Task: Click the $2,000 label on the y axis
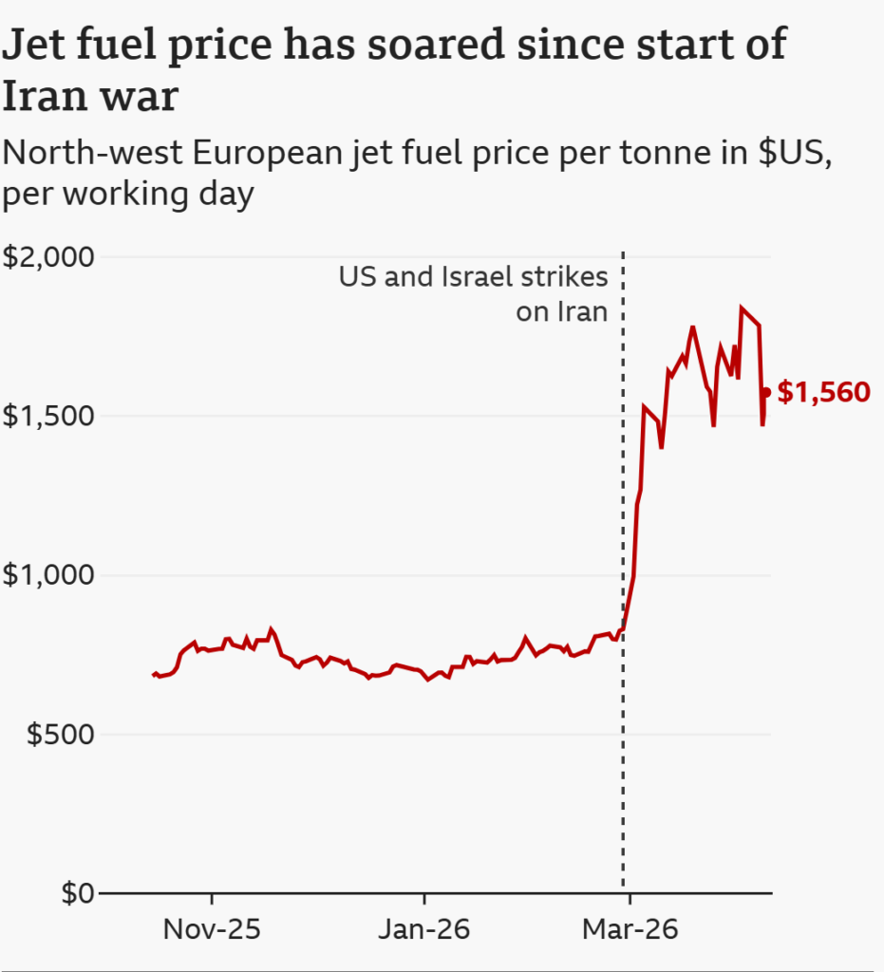pos(48,258)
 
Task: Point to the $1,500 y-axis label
pos(48,418)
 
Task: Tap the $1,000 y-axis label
pos(48,576)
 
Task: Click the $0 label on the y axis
pos(78,894)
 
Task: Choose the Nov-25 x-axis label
pos(212,929)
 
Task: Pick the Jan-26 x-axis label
pos(423,929)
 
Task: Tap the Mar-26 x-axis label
pos(631,929)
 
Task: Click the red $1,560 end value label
pos(823,392)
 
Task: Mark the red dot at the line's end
pos(766,392)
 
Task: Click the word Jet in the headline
pos(33,46)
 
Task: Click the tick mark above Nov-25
pos(212,899)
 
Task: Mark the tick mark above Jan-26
pos(423,899)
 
